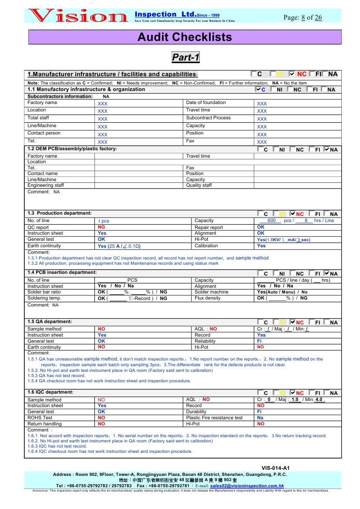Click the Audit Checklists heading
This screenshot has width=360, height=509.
[185, 37]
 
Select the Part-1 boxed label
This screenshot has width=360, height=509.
[185, 57]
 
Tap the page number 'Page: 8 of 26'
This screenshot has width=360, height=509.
[303, 17]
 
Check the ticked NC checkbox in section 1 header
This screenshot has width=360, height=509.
[292, 74]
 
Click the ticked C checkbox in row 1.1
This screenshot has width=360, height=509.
[258, 89]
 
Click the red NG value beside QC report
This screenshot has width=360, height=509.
[101, 227]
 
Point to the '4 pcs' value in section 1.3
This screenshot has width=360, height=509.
[104, 221]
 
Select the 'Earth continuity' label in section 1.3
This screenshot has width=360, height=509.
[44, 246]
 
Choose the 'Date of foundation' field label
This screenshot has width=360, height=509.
[205, 103]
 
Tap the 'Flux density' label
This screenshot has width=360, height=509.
[207, 298]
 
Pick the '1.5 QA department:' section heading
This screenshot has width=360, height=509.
[49, 321]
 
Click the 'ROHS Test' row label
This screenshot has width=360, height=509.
[40, 418]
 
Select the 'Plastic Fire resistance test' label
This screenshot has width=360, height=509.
[214, 418]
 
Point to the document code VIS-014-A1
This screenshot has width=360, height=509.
[276, 468]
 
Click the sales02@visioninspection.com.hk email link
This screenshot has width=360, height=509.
[247, 485]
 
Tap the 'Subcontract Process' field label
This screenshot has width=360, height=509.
[208, 118]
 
